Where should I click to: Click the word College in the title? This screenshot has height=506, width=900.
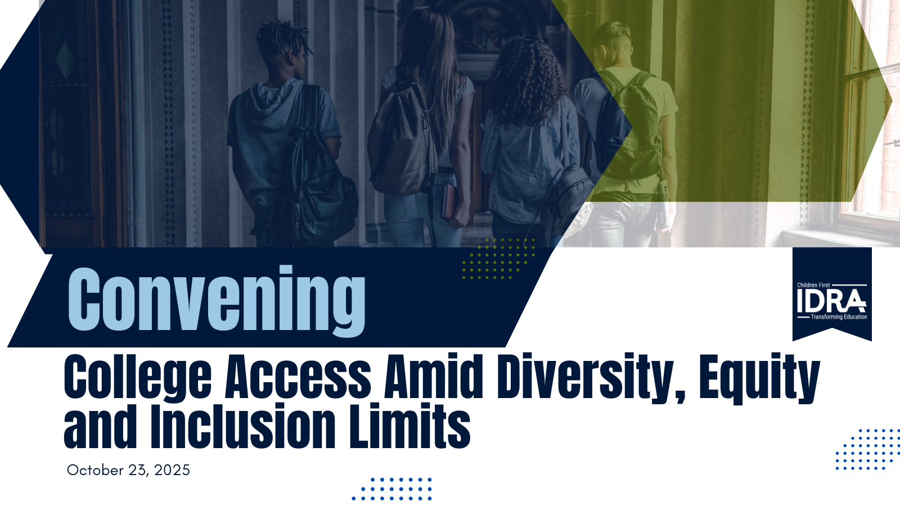138,377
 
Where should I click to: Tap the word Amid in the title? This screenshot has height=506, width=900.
434,377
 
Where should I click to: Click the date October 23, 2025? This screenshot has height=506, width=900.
128,470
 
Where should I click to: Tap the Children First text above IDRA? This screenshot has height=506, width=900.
813,285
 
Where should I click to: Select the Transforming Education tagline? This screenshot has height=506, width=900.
839,317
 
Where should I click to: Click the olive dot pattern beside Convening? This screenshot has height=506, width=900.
498,259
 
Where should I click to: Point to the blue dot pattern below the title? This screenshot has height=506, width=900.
391,489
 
